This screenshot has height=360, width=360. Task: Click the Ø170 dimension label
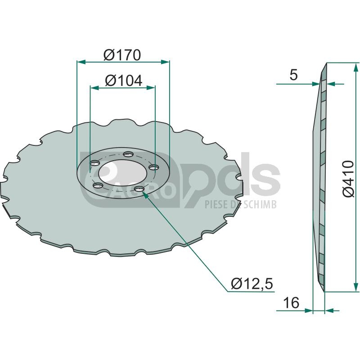coord(122,55)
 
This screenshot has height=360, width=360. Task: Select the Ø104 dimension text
coord(123,81)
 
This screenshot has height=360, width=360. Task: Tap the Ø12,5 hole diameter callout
coord(252,283)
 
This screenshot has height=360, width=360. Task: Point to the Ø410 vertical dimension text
coord(348,179)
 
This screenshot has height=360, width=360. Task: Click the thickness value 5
coord(294,75)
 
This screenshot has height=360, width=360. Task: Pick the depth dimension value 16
coord(291,302)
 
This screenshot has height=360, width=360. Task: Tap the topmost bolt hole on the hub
coord(128,154)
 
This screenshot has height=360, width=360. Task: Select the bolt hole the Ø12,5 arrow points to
coord(139,189)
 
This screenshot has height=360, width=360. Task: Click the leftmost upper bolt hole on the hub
coord(94,163)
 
